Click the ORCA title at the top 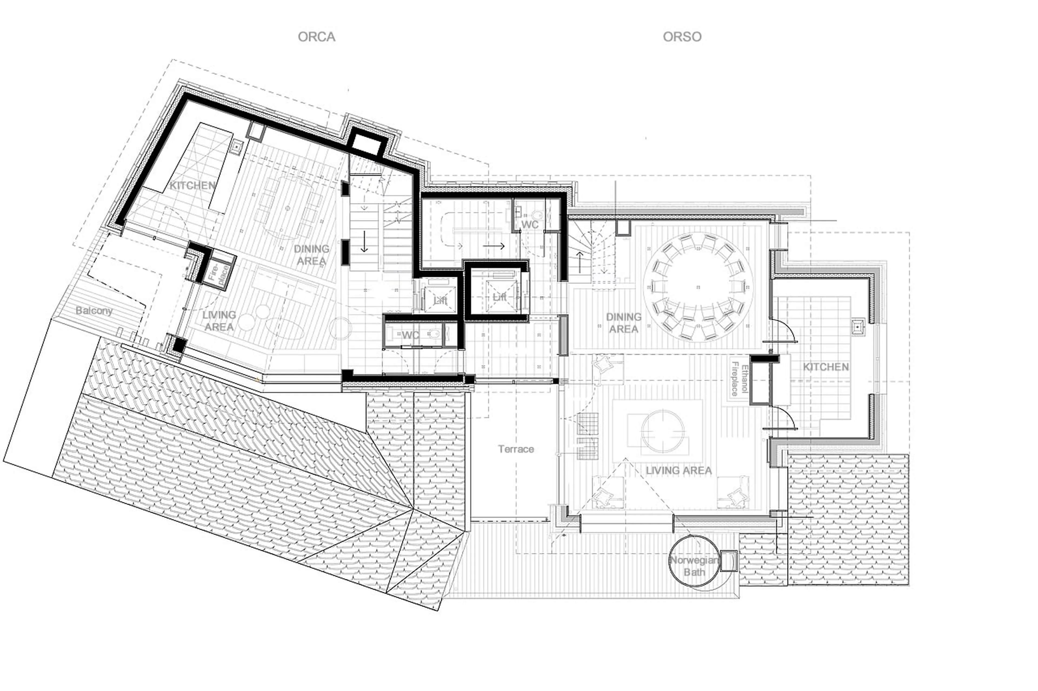click(x=316, y=36)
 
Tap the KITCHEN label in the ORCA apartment click(x=193, y=186)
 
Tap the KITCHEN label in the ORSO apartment click(x=825, y=367)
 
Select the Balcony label click(x=94, y=311)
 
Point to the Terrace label click(x=516, y=449)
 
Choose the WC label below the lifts click(x=410, y=335)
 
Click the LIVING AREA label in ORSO click(x=678, y=471)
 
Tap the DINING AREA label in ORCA click(x=311, y=255)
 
